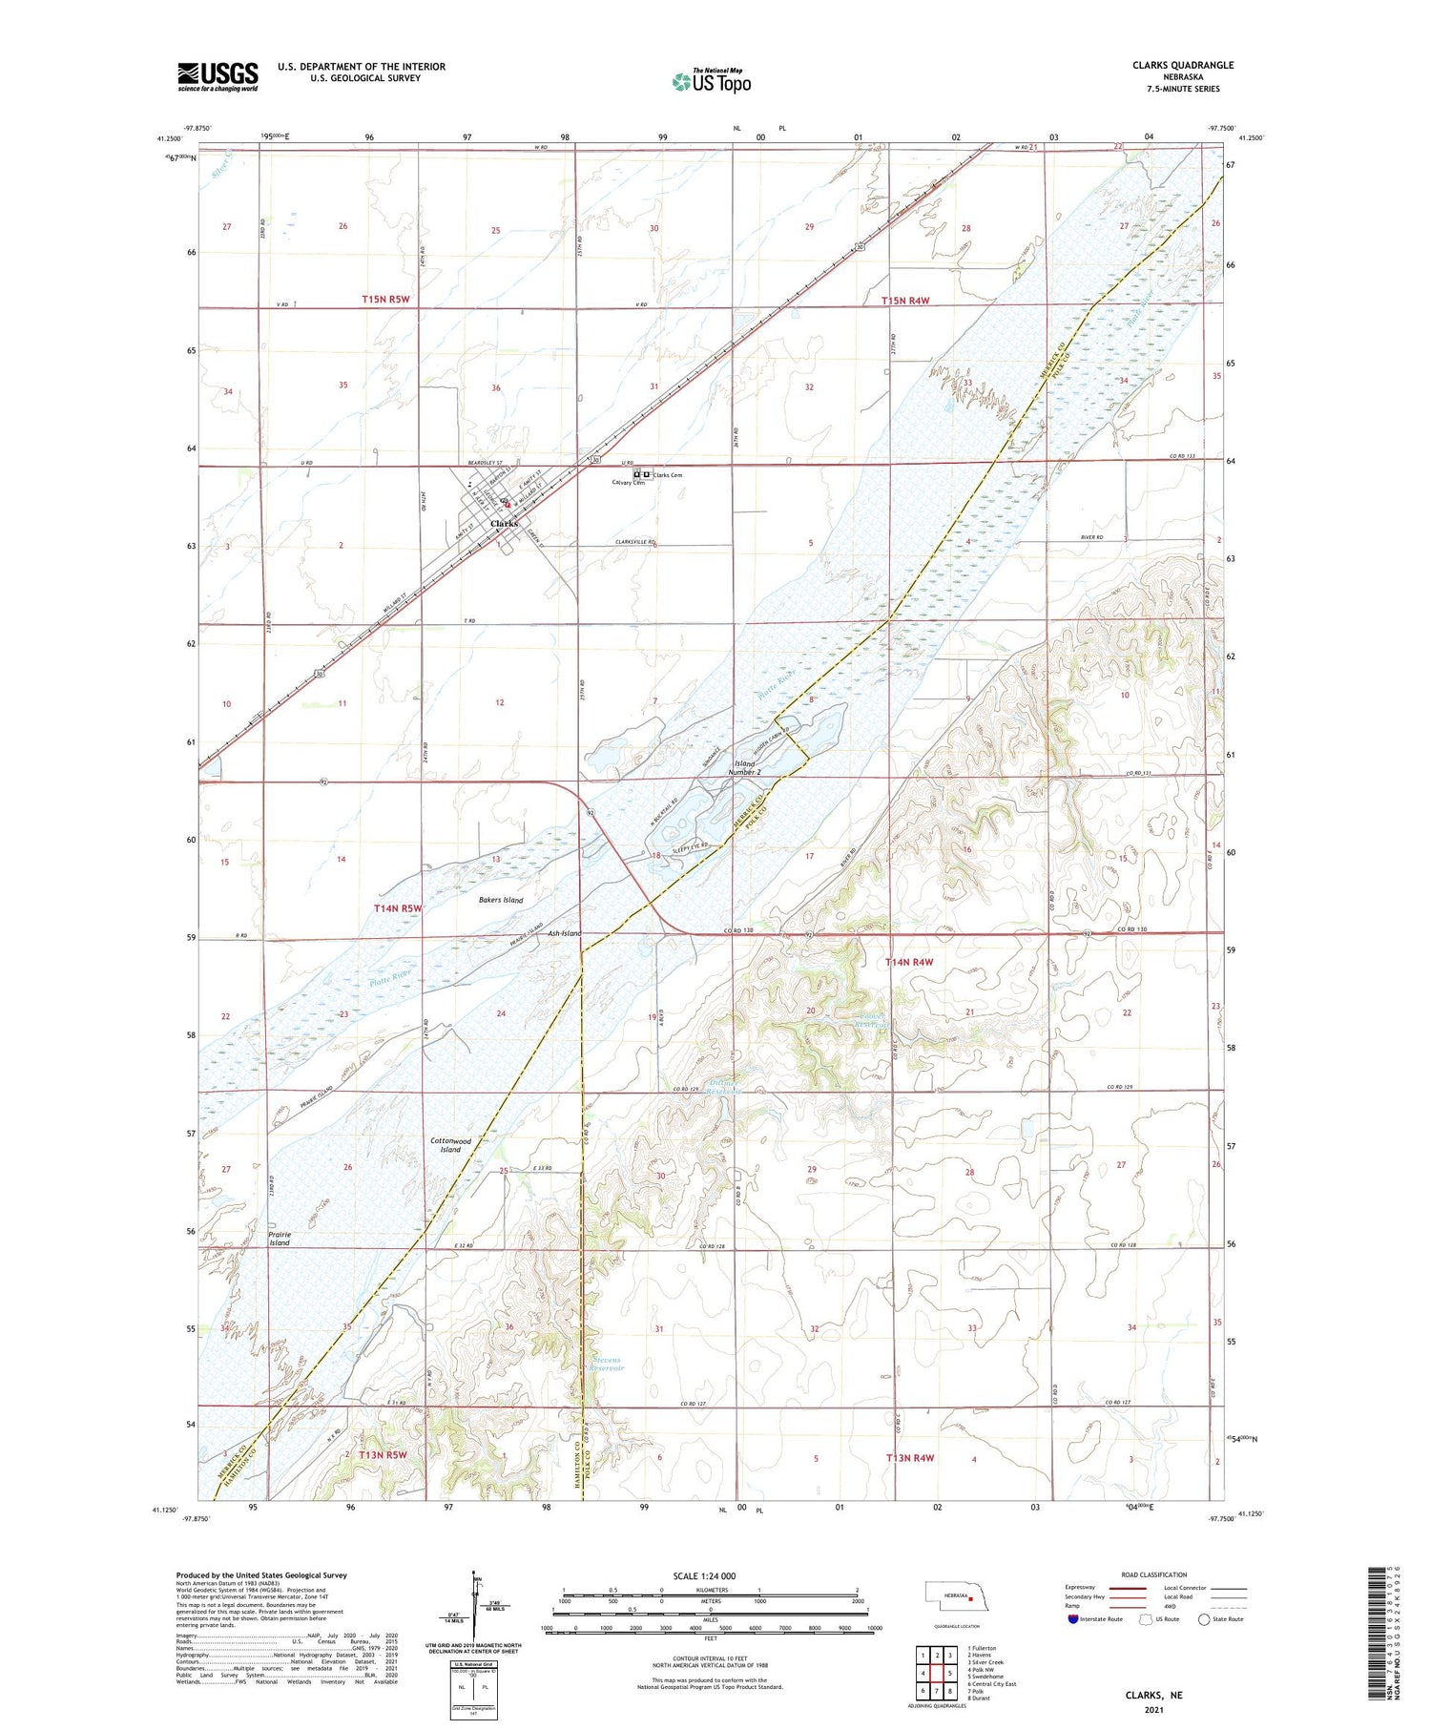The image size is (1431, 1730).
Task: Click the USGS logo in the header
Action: click(x=218, y=76)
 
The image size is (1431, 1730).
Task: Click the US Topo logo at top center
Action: click(x=712, y=81)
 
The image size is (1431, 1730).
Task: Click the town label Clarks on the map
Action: click(x=504, y=524)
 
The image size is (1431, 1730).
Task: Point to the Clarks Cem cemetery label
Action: click(x=667, y=475)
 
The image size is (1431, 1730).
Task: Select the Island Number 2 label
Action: click(x=744, y=768)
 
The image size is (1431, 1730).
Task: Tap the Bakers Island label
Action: click(x=500, y=900)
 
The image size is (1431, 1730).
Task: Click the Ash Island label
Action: click(x=564, y=933)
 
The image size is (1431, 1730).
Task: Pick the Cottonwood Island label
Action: click(x=450, y=1145)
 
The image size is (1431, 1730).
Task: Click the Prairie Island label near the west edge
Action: click(x=279, y=1239)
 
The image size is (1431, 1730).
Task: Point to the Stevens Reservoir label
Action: click(x=606, y=1364)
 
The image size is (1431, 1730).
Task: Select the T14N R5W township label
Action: click(x=398, y=908)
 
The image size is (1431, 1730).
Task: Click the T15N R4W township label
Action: click(x=904, y=301)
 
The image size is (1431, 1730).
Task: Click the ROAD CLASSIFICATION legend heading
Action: click(x=1154, y=1574)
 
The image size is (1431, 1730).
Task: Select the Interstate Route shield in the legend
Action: click(x=1073, y=1619)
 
